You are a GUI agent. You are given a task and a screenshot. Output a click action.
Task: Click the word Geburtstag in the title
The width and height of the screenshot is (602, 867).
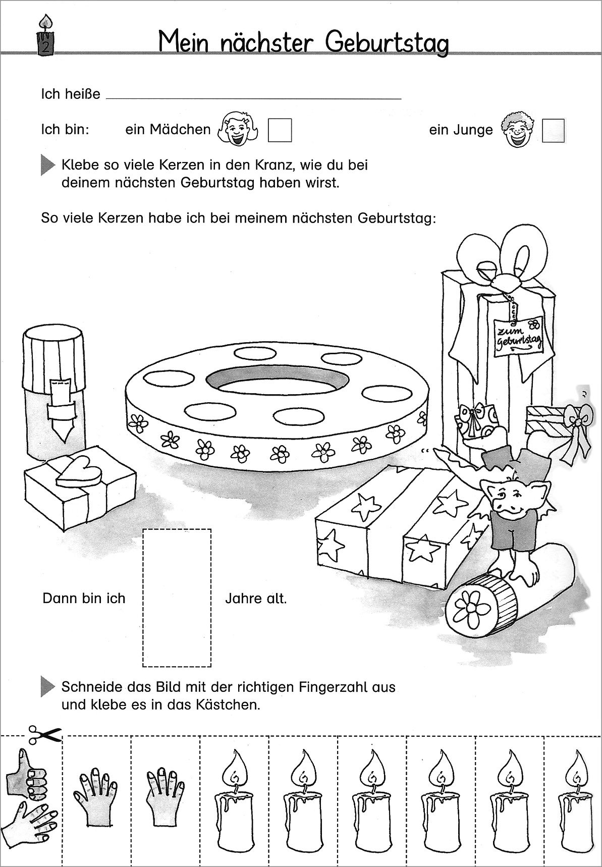387,43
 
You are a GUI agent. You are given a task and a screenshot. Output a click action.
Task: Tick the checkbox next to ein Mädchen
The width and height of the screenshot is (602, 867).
280,130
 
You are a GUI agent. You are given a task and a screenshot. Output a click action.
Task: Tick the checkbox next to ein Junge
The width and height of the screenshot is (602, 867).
553,130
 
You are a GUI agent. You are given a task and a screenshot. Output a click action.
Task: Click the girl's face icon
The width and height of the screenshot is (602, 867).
238,130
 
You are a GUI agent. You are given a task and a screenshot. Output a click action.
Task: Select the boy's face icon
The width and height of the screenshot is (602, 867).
517,130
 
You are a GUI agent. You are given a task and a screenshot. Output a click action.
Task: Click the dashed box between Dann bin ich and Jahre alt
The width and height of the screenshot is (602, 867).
177,597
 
